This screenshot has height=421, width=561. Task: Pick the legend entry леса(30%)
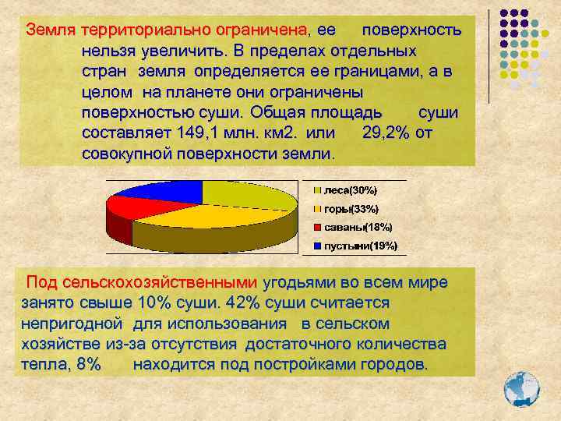[x=351, y=190]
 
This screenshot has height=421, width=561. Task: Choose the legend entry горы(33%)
[x=351, y=209]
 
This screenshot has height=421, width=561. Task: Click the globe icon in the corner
[x=521, y=387]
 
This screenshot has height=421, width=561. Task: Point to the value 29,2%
[x=387, y=133]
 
